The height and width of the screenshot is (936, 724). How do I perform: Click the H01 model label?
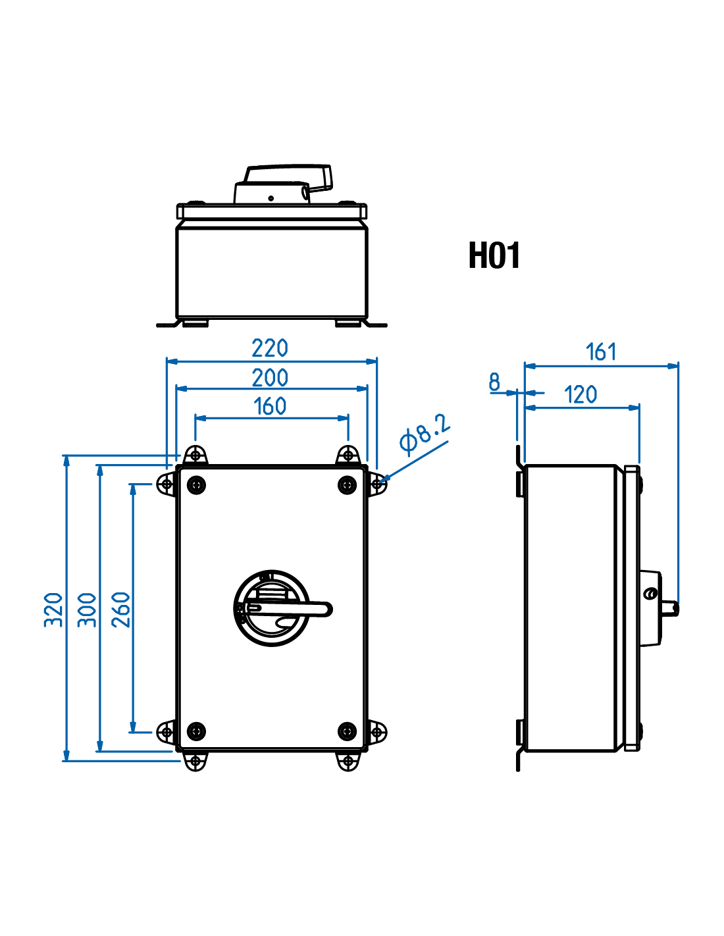pyautogui.click(x=494, y=255)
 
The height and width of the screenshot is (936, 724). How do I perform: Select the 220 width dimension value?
pyautogui.click(x=270, y=348)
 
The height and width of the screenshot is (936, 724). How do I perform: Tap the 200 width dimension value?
pyautogui.click(x=270, y=378)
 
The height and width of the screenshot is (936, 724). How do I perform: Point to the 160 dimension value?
pyautogui.click(x=270, y=406)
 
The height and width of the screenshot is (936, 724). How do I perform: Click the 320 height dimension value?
pyautogui.click(x=54, y=610)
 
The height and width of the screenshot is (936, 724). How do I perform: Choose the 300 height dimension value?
pyautogui.click(x=88, y=610)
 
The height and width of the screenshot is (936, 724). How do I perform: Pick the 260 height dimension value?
pyautogui.click(x=122, y=610)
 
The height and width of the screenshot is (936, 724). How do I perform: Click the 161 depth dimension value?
pyautogui.click(x=601, y=351)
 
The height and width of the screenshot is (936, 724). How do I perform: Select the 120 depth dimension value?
pyautogui.click(x=581, y=395)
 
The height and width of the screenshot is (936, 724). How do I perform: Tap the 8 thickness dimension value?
pyautogui.click(x=494, y=382)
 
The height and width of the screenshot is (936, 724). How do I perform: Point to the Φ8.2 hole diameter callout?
pyautogui.click(x=425, y=434)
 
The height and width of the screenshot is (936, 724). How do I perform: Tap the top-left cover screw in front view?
pyautogui.click(x=196, y=486)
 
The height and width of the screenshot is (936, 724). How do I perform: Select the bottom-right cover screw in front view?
pyautogui.click(x=347, y=731)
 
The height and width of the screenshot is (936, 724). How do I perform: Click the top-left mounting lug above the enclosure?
pyautogui.click(x=195, y=454)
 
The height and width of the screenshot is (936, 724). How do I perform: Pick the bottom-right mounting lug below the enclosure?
pyautogui.click(x=348, y=762)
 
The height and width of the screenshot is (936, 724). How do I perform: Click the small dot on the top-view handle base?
pyautogui.click(x=271, y=198)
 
